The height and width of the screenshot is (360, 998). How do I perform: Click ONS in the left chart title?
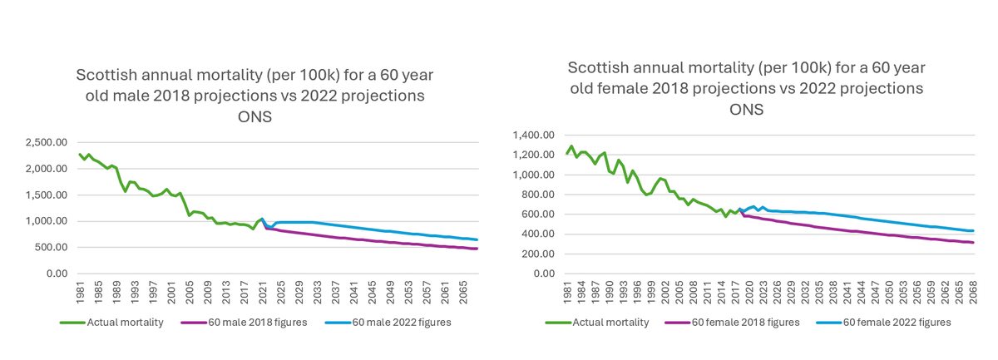(x=254, y=117)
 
